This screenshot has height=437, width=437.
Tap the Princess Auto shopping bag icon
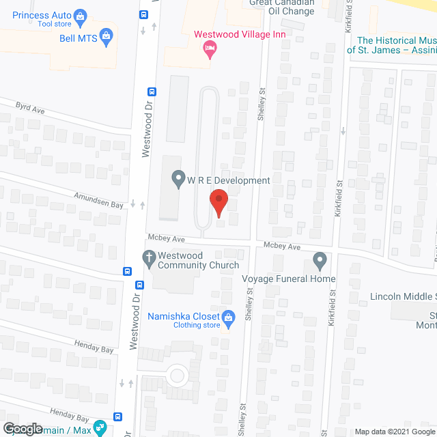pyautogui.click(x=81, y=15)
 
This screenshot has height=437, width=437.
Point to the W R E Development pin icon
pyautogui.click(x=178, y=180)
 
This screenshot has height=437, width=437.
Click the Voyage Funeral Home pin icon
pyautogui.click(x=320, y=259)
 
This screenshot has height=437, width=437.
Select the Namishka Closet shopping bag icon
pyautogui.click(x=229, y=317)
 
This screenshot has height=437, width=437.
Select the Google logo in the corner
pyautogui.click(x=23, y=428)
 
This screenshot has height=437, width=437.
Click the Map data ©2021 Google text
pyautogui.click(x=395, y=432)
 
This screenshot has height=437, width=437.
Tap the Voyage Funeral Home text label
pyautogui.click(x=289, y=279)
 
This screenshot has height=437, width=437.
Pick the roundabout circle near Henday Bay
pyautogui.click(x=178, y=374)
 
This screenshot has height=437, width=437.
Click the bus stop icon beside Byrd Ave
pyautogui.click(x=152, y=91)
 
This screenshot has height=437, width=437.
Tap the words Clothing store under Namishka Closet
pyautogui.click(x=197, y=325)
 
